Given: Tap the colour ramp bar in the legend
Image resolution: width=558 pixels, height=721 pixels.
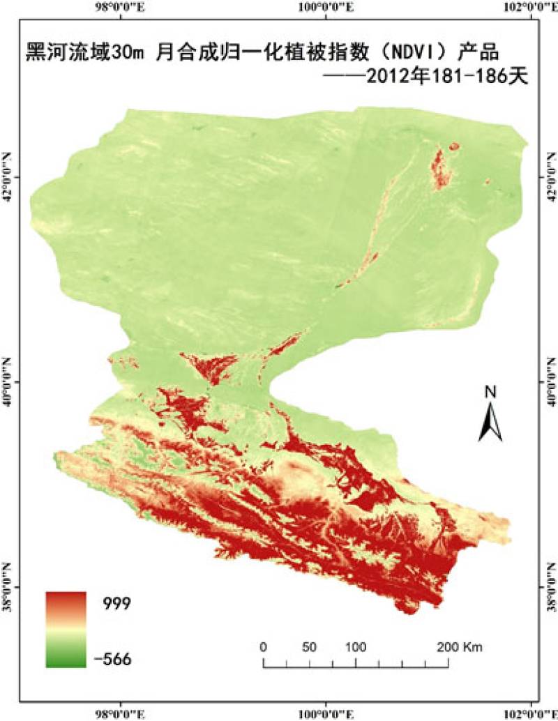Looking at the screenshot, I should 66,629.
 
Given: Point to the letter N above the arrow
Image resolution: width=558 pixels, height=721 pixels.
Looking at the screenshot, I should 490,393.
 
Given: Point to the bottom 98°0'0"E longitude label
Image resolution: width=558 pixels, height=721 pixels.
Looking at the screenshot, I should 121,713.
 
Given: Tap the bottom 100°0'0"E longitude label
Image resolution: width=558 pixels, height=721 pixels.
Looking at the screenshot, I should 326,713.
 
